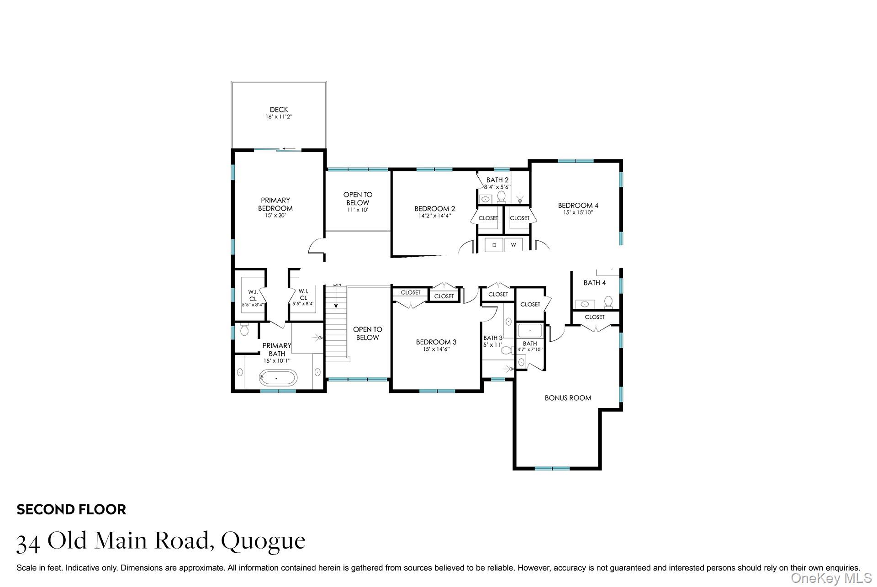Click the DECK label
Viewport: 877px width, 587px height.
click(279, 110)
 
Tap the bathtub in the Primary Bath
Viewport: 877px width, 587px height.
click(278, 378)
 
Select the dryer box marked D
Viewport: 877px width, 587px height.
click(494, 245)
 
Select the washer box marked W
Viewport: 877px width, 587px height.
click(513, 245)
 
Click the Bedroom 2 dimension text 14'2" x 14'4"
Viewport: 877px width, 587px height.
click(434, 216)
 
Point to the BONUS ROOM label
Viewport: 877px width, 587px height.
click(568, 398)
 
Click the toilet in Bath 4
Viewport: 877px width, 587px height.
click(608, 302)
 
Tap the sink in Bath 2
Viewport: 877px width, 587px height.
click(486, 199)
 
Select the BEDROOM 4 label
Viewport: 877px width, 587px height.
click(578, 206)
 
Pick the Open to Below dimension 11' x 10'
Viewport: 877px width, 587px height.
click(358, 210)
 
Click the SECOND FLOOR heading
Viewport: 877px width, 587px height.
click(71, 509)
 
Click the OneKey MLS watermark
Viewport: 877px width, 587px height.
click(831, 578)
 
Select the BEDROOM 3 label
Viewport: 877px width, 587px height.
click(436, 342)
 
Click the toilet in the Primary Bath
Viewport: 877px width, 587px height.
click(244, 330)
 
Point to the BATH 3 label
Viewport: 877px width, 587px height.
click(493, 338)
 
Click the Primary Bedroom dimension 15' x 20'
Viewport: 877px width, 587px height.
click(275, 216)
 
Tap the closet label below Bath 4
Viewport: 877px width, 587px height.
click(594, 317)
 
